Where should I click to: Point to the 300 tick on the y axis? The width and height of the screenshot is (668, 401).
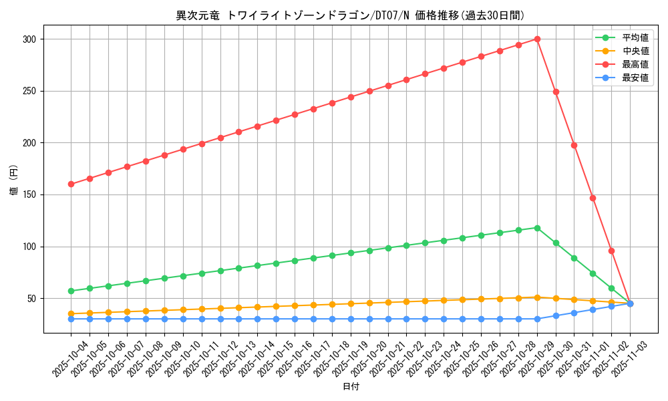29,39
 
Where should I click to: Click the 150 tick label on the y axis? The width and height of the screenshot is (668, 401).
29,195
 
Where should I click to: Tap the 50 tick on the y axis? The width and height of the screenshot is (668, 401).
31,299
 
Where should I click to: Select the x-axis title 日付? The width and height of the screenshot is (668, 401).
351,387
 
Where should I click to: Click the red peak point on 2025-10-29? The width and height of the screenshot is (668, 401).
537,39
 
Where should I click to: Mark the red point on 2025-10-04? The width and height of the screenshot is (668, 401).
71,184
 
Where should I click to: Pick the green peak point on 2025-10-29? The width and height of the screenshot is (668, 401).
537,228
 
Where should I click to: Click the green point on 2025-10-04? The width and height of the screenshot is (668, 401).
71,291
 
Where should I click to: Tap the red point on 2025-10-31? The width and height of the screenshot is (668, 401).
574,145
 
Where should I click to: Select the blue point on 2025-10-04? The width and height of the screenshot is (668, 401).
71,319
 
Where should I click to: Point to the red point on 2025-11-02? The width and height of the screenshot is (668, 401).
611,251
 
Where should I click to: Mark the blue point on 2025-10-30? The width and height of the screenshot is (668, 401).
556,315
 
